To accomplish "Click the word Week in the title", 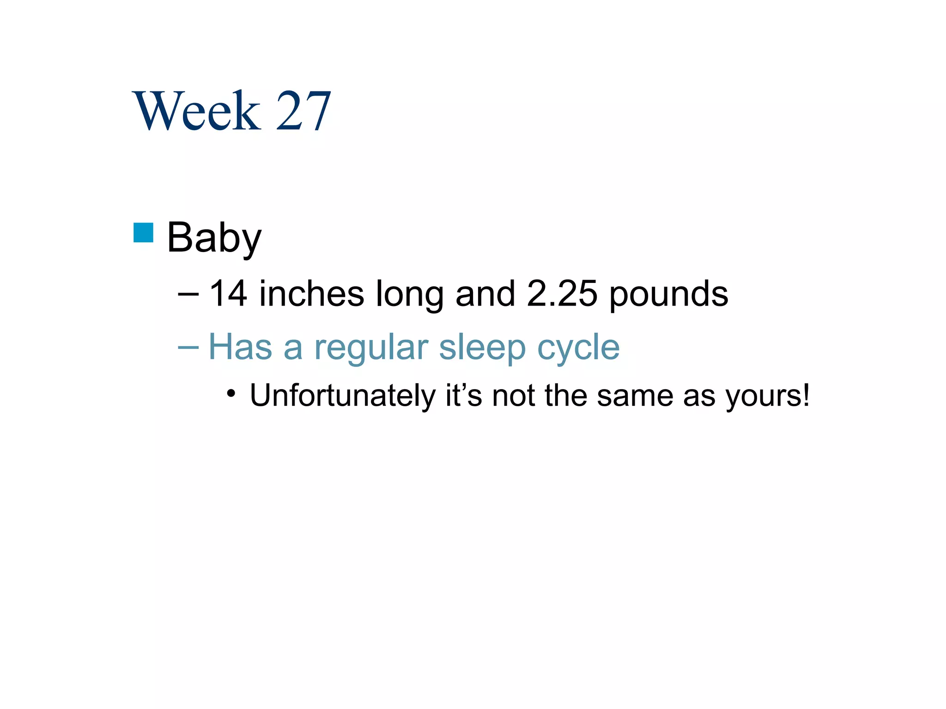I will point(196,111).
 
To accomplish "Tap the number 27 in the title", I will point(303,111).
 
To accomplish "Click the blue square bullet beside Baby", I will point(143,233).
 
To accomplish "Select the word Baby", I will point(214,238).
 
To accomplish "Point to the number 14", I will point(228,294).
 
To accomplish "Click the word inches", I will point(311,294).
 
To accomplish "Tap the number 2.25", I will point(562,294).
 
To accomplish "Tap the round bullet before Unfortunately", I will point(231,394).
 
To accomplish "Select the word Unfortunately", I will point(342,396).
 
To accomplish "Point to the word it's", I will point(464,395).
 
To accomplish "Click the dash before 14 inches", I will point(188,294).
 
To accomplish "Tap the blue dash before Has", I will point(188,348).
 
